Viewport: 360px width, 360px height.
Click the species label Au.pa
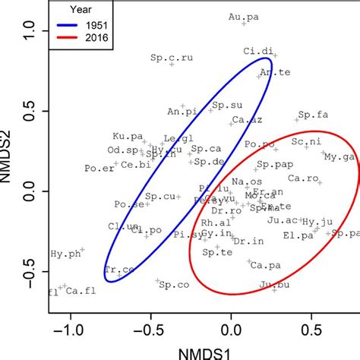(242, 16)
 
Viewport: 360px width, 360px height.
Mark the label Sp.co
(174, 284)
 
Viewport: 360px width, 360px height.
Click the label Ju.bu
(273, 285)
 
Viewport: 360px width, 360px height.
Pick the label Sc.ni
(307, 141)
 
